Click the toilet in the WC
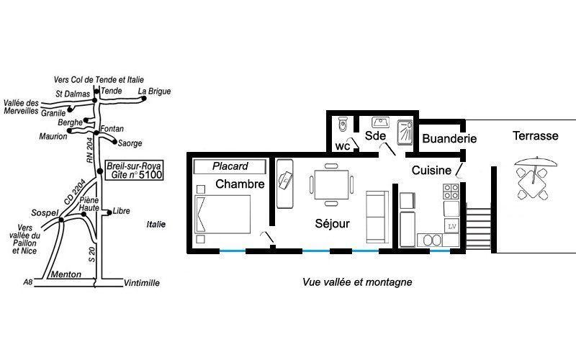point(343,125)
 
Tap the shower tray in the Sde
point(405,132)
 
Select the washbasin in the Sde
point(380,122)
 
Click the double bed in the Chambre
point(222,214)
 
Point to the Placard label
point(230,166)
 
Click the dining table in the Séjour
point(331,184)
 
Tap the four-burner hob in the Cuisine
point(451,192)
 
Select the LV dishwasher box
point(451,226)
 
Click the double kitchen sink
point(432,240)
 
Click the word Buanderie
point(449,138)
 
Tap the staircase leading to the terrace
point(478,227)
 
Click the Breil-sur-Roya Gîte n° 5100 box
point(134,170)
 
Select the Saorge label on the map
point(130,143)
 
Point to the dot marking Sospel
point(61,220)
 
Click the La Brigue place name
point(154,91)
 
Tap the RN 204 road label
point(89,150)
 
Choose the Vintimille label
point(141,283)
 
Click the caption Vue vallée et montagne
point(357,282)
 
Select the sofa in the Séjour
point(377,217)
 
